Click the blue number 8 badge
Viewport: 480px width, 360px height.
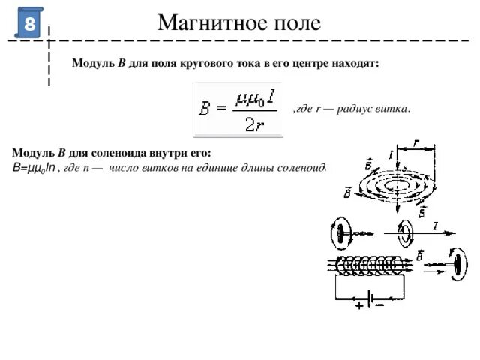pos(29,23)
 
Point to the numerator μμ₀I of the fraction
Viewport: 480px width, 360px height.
pos(253,97)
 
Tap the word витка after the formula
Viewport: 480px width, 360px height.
pos(394,109)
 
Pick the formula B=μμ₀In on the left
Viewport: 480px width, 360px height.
pos(34,166)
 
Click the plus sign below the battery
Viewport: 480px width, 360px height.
pos(359,305)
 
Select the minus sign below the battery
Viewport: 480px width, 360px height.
pos(379,305)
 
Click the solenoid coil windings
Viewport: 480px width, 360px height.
pos(367,265)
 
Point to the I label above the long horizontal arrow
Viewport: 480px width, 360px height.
pos(435,226)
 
